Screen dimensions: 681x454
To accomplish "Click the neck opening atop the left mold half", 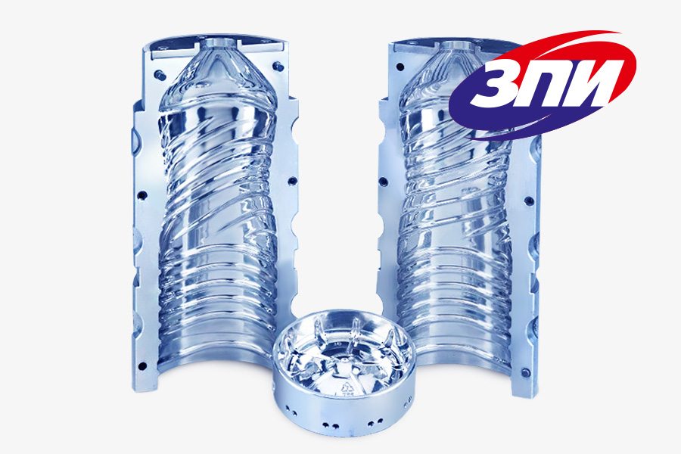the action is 217,43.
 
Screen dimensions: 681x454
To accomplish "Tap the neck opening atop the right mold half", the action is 456,45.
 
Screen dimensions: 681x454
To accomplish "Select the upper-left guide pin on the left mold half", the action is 160,74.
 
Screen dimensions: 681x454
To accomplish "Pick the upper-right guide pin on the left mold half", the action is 278,67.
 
